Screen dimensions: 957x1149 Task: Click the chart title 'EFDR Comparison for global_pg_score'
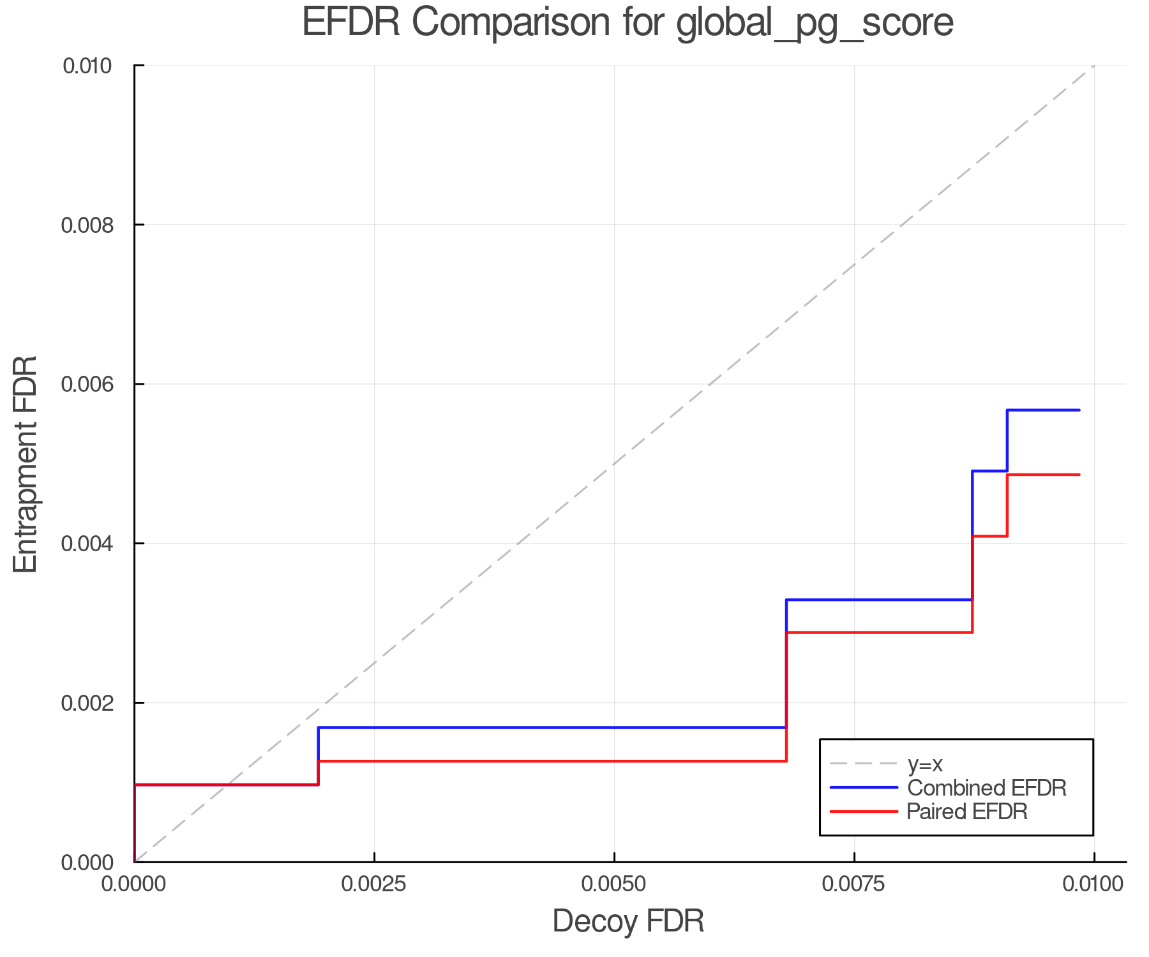coord(627,23)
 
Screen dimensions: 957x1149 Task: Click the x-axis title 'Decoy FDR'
coord(628,921)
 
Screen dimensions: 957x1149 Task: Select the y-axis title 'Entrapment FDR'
coord(26,464)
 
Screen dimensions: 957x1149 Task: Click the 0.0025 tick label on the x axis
coord(374,884)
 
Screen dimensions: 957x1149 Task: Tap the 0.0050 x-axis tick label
coord(614,884)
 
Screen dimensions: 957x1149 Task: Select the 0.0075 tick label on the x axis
coord(854,884)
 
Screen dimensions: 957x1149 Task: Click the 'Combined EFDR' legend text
coord(987,788)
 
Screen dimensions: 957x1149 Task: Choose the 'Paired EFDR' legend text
coord(967,812)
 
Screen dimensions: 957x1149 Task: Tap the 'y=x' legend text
coord(925,764)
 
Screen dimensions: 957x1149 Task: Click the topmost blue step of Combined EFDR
coord(1043,410)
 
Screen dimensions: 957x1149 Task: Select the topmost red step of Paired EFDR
coord(1043,475)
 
